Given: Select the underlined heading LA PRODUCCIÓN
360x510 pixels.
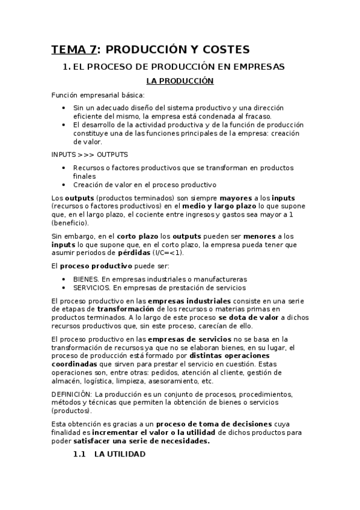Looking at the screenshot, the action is (x=180, y=81).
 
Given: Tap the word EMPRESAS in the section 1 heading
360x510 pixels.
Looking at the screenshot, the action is (x=252, y=67).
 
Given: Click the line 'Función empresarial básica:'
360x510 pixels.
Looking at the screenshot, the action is (x=98, y=95).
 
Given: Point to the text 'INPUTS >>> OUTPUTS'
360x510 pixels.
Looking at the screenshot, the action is (x=90, y=155).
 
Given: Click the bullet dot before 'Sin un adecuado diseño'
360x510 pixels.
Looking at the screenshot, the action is (x=64, y=108).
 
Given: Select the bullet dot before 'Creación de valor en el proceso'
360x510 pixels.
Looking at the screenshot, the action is (x=64, y=185).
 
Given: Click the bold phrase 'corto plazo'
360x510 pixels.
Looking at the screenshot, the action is (x=135, y=236).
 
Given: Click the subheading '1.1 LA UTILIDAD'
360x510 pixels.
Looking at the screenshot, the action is (x=109, y=455).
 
